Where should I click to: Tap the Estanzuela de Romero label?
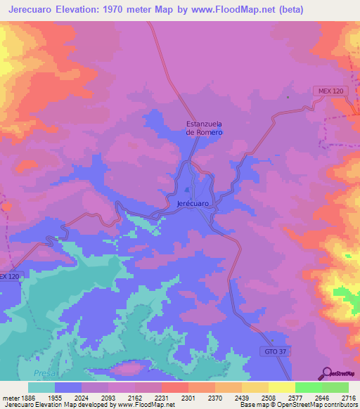[204, 128]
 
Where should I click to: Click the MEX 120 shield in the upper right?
[328, 92]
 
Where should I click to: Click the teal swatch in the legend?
[41, 387]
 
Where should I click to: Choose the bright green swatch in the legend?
[308, 387]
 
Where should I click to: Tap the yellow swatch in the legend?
[281, 387]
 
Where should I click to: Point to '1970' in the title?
[140, 9]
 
